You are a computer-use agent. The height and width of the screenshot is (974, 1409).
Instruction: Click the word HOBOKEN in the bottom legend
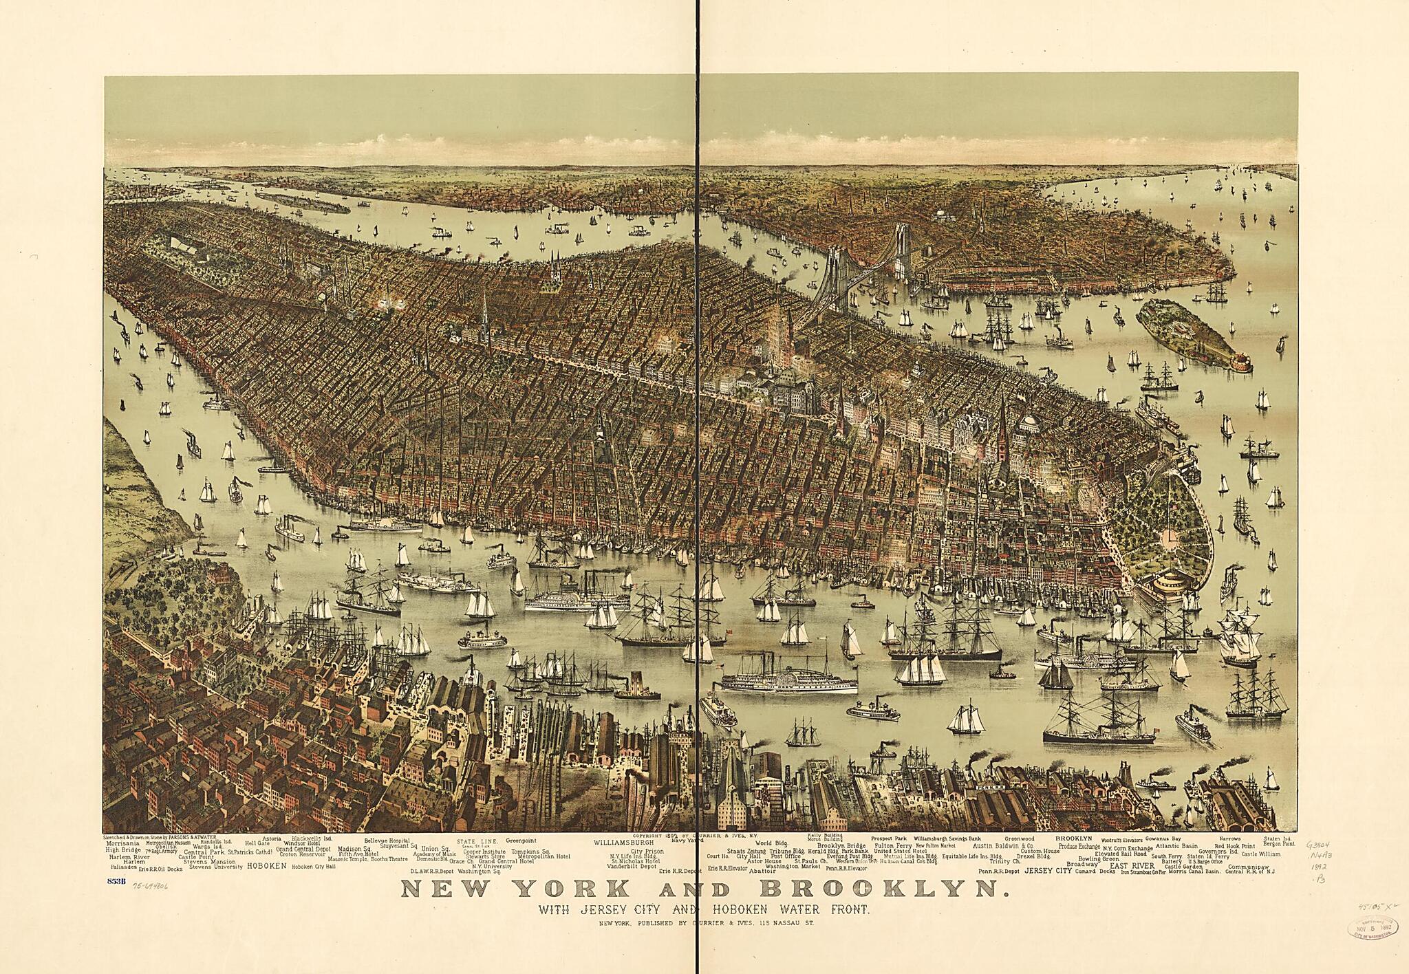tap(266, 867)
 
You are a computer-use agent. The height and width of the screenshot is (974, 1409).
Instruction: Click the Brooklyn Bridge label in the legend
tap(841, 846)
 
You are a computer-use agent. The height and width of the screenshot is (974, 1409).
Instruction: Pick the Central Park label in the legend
tap(205, 852)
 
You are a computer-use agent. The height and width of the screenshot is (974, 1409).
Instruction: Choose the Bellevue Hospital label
tap(387, 841)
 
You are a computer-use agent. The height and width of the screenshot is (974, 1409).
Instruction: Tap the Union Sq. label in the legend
tap(435, 848)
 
